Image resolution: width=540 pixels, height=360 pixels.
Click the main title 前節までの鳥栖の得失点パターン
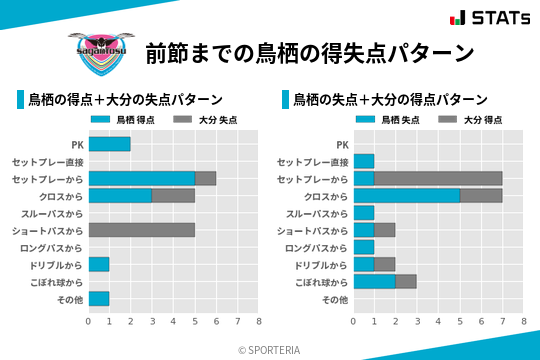pyautogui.click(x=309, y=53)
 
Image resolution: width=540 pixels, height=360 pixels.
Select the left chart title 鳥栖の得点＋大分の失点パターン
pyautogui.click(x=125, y=100)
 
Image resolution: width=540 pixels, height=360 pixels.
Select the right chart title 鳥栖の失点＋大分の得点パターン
pyautogui.click(x=390, y=100)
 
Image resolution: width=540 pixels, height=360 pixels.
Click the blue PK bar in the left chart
pyautogui.click(x=109, y=144)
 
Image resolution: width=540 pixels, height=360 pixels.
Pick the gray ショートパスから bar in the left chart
pyautogui.click(x=141, y=230)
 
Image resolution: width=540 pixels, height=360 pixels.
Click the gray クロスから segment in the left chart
pyautogui.click(x=173, y=195)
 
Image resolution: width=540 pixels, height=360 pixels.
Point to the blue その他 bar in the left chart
pyautogui.click(x=99, y=298)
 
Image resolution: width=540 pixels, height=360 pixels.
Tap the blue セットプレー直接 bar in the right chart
pyautogui.click(x=364, y=161)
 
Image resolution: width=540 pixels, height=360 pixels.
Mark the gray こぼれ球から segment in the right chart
pyautogui.click(x=406, y=281)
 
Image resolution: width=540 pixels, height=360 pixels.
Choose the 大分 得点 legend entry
pyautogui.click(x=470, y=120)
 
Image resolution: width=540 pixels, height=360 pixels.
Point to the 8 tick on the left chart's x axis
pyautogui.click(x=258, y=321)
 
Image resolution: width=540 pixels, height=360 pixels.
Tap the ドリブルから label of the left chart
pyautogui.click(x=55, y=264)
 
